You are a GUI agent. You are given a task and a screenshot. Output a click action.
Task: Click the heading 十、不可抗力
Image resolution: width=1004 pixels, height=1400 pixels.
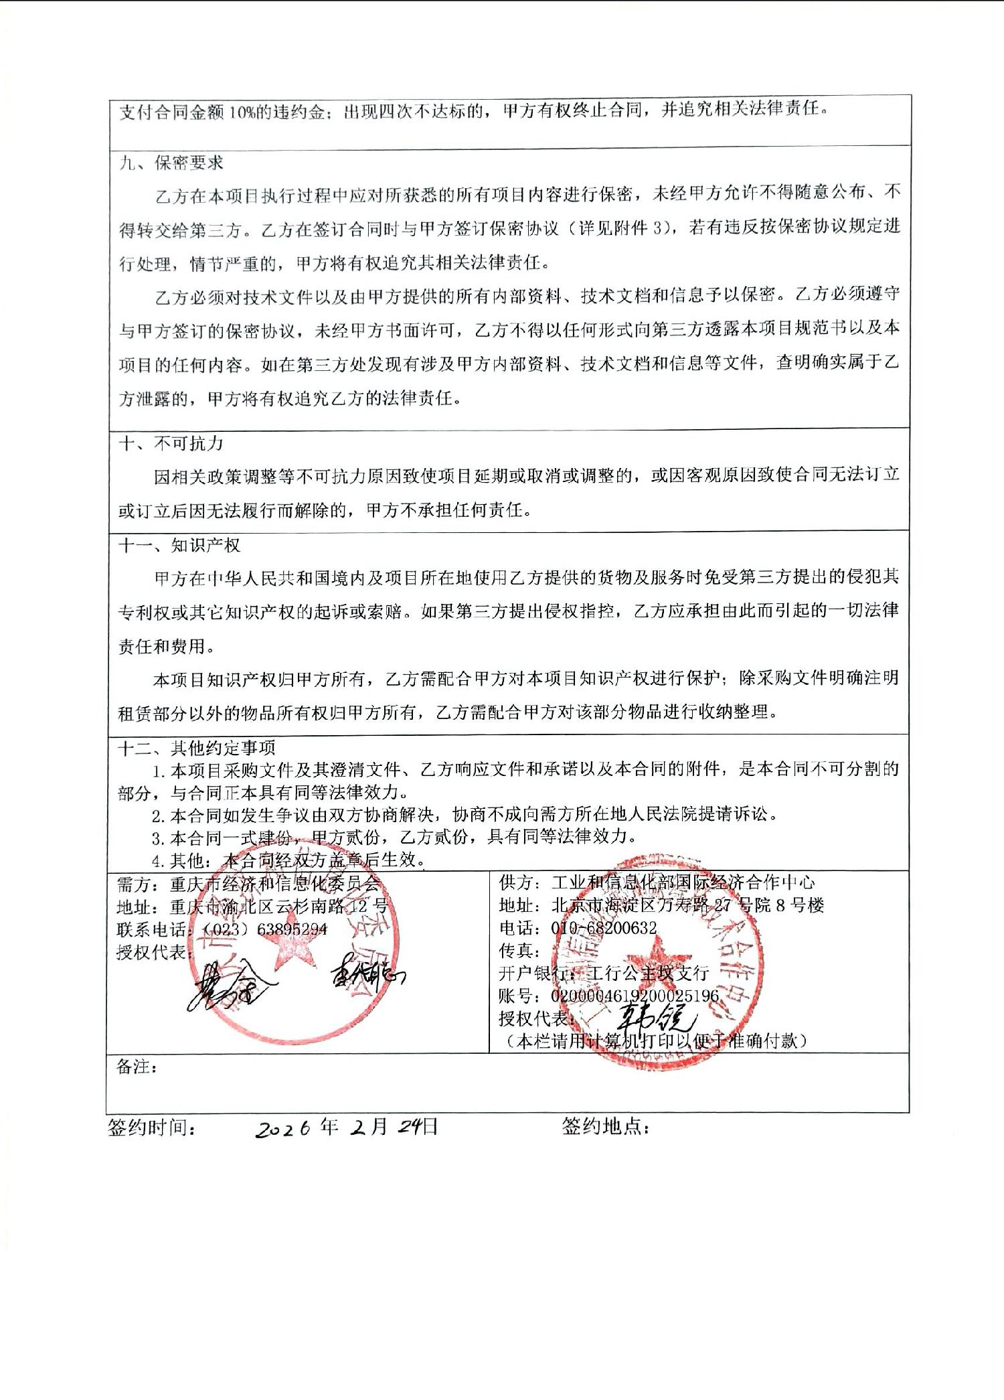coord(171,443)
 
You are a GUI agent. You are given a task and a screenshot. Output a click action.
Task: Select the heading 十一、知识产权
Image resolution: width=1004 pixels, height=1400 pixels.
coord(179,545)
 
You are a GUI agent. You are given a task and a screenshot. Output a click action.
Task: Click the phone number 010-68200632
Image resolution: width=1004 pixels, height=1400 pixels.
coord(604,928)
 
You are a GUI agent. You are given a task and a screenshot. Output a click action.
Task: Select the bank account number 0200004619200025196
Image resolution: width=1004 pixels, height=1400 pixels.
coord(635,996)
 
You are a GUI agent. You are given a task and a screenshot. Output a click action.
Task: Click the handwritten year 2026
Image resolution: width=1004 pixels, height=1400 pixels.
coord(284,1129)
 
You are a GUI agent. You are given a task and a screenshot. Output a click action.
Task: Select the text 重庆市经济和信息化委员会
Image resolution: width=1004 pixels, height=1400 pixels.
coord(275,884)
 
